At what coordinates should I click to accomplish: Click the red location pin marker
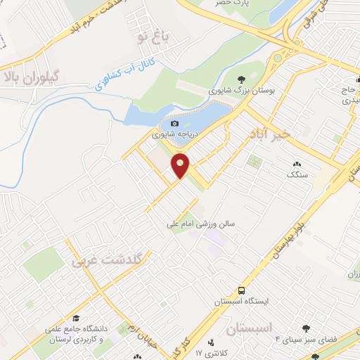coord(181,166)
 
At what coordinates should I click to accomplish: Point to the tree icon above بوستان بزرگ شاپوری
coord(241,79)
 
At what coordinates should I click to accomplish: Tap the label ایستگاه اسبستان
coord(238,302)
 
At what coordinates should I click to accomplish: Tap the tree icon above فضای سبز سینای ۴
coord(306,328)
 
